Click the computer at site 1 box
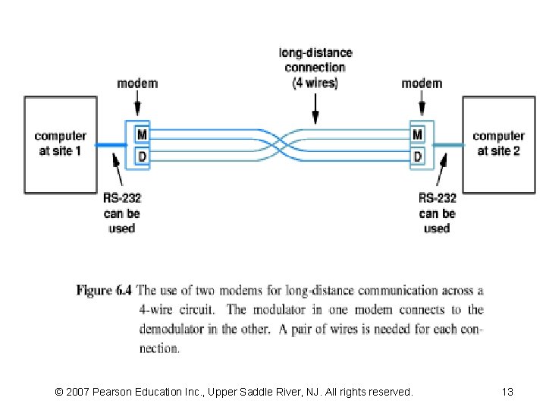[60, 143]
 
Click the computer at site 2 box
[498, 143]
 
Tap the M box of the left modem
[141, 135]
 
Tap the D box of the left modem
[141, 157]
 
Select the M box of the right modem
[417, 135]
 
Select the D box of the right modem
[417, 157]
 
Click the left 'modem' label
[137, 83]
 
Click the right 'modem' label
[422, 83]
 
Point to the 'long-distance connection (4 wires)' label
[315, 68]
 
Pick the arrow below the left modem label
[137, 106]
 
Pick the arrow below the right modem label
[422, 106]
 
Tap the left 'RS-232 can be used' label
[121, 213]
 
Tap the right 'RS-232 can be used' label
[437, 213]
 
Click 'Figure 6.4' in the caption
[104, 290]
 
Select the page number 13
[507, 392]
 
